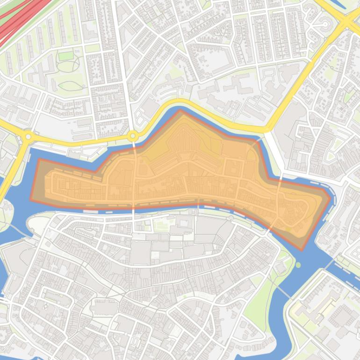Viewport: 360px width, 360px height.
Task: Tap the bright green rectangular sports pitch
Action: [66, 56]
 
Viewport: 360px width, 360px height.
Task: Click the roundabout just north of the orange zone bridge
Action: [133, 136]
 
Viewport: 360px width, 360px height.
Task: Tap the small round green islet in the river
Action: [298, 265]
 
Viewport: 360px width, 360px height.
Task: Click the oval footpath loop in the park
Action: [70, 86]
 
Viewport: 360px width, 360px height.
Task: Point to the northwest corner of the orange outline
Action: [39, 159]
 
